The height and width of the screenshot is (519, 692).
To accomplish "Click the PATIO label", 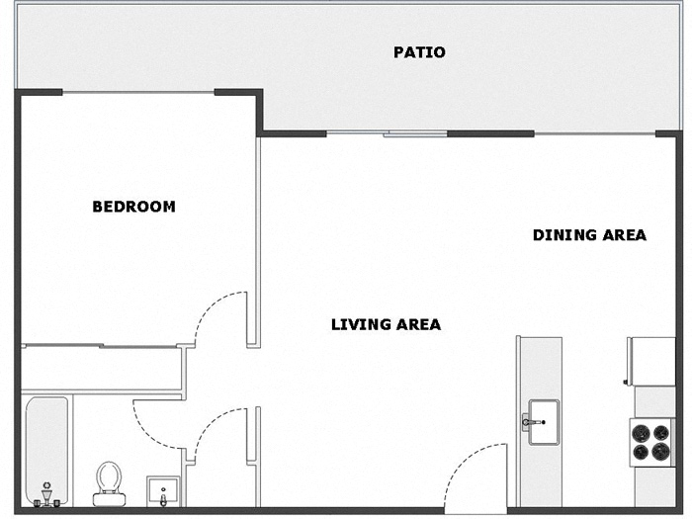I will (x=419, y=52).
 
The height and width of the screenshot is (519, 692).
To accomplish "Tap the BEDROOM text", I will (x=133, y=207).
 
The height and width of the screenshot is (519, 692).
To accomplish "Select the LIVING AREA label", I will (x=386, y=324).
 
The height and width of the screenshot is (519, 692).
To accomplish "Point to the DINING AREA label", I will (x=589, y=235).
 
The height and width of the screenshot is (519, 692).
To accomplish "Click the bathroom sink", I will (x=164, y=489).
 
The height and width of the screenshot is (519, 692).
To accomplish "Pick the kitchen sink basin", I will (x=544, y=422).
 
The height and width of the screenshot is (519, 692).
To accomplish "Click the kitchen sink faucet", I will (x=531, y=422).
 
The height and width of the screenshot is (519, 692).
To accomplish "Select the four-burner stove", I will (x=651, y=441).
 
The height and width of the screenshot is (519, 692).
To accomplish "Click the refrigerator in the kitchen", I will (x=650, y=361).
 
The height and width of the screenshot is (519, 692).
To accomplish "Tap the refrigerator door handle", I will (x=627, y=381).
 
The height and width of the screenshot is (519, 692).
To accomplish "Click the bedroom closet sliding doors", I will (x=99, y=346).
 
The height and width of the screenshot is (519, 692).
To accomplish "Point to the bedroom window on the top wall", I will (x=138, y=92).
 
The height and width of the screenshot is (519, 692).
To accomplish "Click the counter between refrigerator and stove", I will (x=653, y=401).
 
